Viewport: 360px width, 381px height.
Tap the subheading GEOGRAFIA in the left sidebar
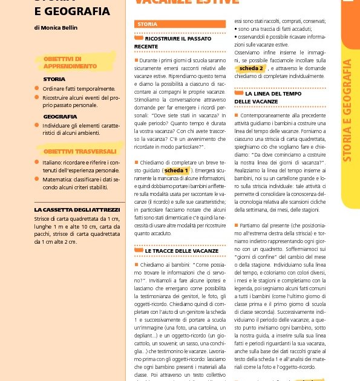[x=60, y=116]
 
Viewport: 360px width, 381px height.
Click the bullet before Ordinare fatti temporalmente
[x=38, y=88]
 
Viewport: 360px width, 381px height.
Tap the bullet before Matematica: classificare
[x=38, y=179]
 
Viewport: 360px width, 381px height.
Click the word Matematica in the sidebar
[x=56, y=179]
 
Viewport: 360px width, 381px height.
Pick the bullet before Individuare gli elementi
[x=38, y=125]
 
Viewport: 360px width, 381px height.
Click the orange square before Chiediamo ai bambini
[x=137, y=264]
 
